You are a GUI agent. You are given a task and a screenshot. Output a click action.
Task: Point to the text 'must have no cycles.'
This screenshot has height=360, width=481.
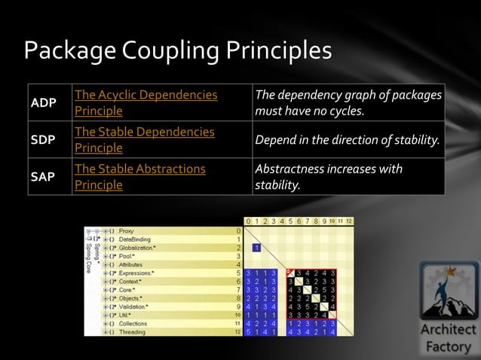coord(310,111)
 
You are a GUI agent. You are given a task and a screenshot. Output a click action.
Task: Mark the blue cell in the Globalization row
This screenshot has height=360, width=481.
coord(256,247)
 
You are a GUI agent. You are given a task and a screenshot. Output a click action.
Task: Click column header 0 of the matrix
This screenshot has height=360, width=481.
coord(247,221)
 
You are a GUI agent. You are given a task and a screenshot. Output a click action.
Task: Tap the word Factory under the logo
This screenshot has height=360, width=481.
coord(449,347)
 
